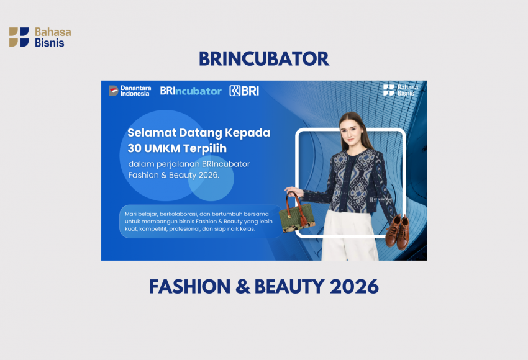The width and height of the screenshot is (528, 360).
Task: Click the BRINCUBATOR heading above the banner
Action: pos(263,58)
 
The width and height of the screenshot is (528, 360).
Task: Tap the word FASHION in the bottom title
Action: pos(189,287)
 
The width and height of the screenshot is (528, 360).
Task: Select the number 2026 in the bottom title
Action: pos(354,287)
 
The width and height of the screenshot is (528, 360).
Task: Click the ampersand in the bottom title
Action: pos(242,287)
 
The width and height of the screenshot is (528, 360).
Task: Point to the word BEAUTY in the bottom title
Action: pos(289,287)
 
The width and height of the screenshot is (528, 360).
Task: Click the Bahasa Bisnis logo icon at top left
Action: pos(19,37)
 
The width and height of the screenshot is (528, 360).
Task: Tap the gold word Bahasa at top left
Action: pos(53,32)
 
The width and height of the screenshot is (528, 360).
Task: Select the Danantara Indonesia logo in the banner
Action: pos(130,91)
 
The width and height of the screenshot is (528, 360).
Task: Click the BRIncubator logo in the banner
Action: pos(191,91)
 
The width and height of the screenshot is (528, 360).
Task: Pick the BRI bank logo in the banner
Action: pos(244,91)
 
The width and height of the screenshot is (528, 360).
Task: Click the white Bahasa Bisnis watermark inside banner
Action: pos(401,90)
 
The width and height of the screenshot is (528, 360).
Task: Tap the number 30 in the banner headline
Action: pos(134,148)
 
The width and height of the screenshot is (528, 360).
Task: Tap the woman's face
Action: pos(351,130)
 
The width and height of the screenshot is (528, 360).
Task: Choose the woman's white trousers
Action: pos(349,235)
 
